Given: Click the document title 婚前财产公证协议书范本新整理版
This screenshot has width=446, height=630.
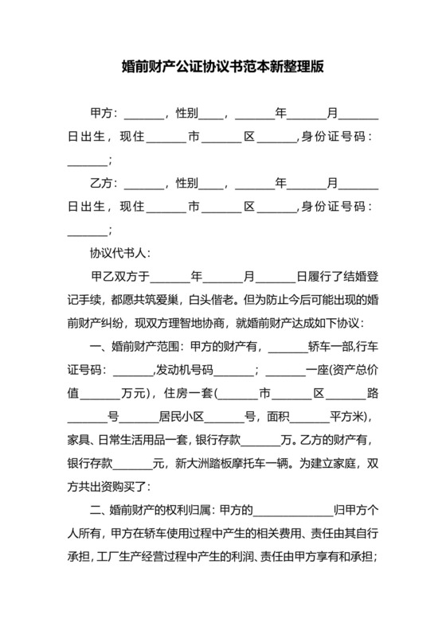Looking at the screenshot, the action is [223, 68].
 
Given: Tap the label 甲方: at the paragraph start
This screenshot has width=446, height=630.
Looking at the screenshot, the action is [104, 114].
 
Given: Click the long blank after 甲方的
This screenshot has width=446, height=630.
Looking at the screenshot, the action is [291, 510].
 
